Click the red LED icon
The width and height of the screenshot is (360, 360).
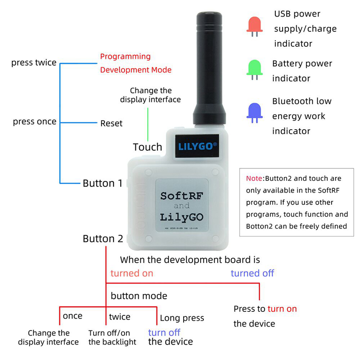coord(254,27)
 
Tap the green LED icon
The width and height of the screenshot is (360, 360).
coord(254,70)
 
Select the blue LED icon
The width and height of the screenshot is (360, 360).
coord(254,113)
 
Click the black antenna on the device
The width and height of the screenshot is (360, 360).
coord(209,68)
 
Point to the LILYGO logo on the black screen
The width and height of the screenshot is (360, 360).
coord(198,146)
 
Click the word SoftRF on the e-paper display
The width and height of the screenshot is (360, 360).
coord(182,196)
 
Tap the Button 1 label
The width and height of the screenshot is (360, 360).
coord(103,183)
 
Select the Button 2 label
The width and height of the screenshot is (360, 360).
coord(103,239)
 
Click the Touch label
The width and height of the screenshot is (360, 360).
coord(148,147)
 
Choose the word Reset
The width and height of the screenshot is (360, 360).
coord(111,123)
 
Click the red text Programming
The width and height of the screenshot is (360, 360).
coord(126,57)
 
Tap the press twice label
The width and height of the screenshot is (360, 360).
coord(34,63)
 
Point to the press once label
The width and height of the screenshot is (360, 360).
coord(35,121)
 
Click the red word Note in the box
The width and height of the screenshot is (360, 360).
coord(254,178)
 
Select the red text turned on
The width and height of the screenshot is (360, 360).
coord(131,273)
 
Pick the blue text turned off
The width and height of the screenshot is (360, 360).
coord(252,273)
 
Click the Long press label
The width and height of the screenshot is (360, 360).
coord(182,318)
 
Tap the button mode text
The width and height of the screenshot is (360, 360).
coord(139,296)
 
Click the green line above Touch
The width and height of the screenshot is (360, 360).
coord(148,125)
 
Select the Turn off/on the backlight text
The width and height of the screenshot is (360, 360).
coord(112,337)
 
